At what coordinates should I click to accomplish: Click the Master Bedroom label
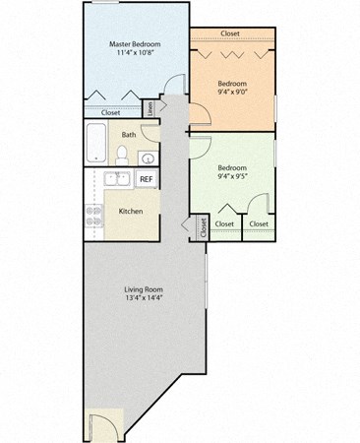(134, 44)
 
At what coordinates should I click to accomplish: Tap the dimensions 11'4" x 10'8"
(134, 55)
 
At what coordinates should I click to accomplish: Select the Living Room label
(143, 288)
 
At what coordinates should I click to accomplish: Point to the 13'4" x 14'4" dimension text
(143, 298)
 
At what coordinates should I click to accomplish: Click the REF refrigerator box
(146, 179)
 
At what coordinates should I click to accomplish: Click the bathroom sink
(146, 158)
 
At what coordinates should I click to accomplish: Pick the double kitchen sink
(116, 179)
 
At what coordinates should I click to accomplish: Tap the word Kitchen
(132, 211)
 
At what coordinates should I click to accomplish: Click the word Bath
(129, 134)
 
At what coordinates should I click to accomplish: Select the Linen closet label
(150, 106)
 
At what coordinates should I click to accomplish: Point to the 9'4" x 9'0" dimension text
(232, 95)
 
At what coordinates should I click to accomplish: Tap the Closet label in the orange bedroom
(230, 33)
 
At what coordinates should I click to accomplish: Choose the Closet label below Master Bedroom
(110, 112)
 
